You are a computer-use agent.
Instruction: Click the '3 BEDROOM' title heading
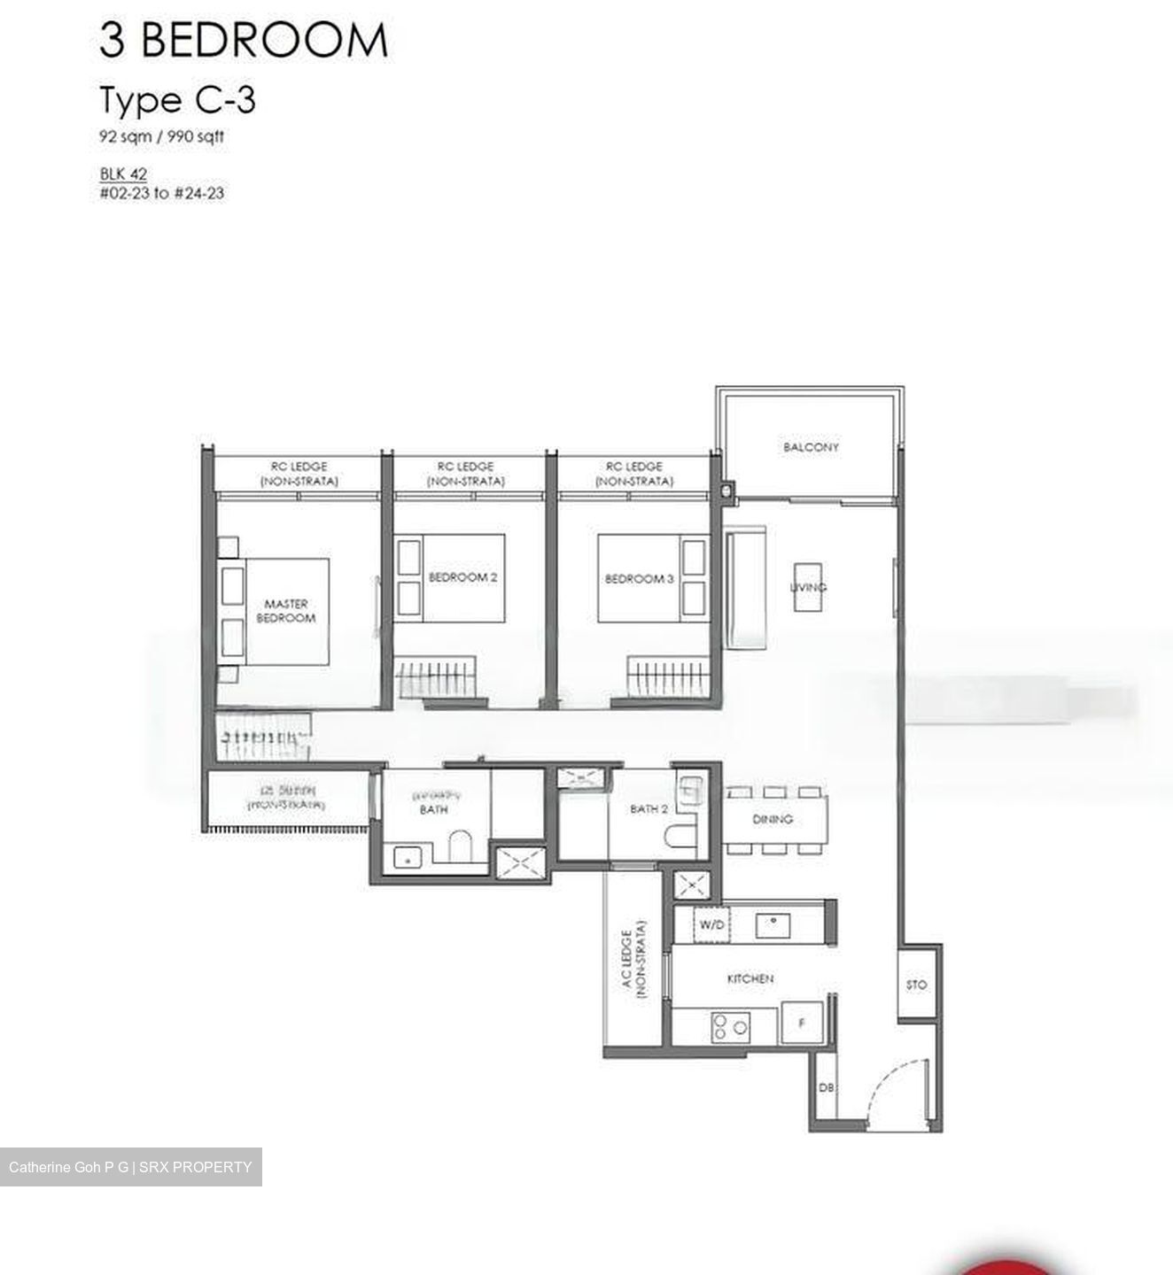coord(243,41)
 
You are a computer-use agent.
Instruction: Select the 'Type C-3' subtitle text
coord(177,100)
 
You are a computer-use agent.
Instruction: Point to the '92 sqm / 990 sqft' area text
coord(161,137)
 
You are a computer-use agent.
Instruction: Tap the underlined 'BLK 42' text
coord(123,174)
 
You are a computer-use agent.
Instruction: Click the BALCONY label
coord(810,447)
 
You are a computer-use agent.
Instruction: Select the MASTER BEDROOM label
coord(285,611)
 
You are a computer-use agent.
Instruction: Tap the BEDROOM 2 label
coord(462,577)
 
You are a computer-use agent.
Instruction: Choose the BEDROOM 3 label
coord(640,579)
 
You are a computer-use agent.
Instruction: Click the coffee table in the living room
coord(807,586)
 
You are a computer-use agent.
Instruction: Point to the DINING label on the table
coord(773,820)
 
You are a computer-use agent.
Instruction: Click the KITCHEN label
coord(750,978)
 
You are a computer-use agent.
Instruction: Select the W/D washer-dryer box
coord(711,925)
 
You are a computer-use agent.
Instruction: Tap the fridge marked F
coord(802,1024)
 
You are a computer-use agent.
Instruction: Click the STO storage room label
coord(916,985)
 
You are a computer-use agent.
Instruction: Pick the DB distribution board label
coord(825,1087)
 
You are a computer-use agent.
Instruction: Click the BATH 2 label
coord(649,809)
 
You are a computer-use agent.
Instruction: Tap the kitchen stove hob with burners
coord(729,1027)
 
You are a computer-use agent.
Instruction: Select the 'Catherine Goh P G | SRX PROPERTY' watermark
coord(130,1167)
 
